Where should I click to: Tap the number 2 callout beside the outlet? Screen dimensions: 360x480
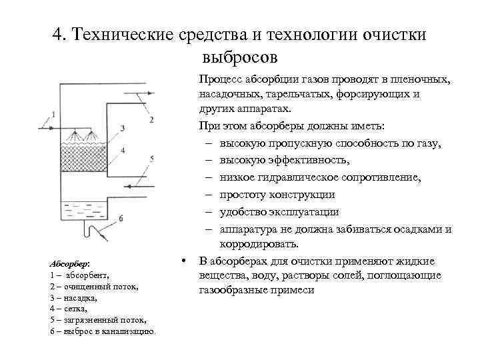coord(152,119)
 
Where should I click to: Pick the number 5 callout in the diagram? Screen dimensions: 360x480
coord(152,159)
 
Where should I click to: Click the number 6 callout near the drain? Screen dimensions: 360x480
coord(121,218)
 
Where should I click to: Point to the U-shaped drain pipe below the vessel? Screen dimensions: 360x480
coord(87,231)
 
